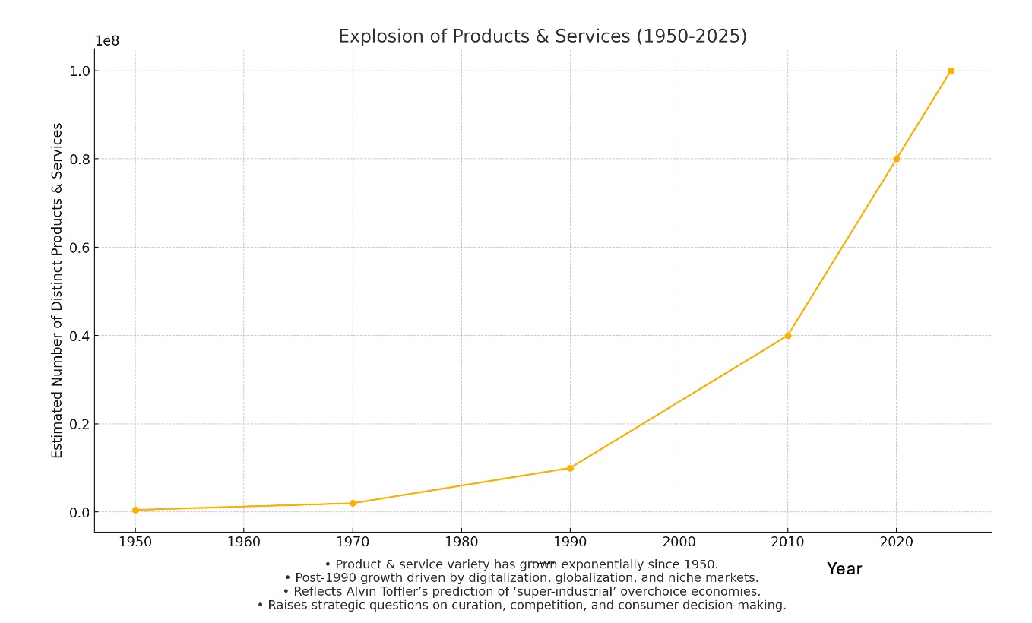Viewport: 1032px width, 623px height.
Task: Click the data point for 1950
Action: [x=135, y=510]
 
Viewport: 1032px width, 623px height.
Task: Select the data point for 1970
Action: [x=353, y=503]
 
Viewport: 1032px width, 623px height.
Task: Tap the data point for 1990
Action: [x=570, y=468]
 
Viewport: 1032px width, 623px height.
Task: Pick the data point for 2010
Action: [x=787, y=335]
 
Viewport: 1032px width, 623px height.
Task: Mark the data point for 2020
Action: [x=896, y=159]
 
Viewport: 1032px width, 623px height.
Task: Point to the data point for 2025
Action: [x=951, y=71]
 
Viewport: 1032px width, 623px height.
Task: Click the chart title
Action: [x=542, y=36]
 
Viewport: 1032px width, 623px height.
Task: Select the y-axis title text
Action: [x=58, y=290]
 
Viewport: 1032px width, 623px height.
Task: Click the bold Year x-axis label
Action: [x=844, y=568]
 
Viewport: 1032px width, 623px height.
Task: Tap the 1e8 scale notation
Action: [x=106, y=41]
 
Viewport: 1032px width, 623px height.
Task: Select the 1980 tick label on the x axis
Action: [x=461, y=542]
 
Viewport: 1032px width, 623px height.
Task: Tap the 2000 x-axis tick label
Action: [x=679, y=542]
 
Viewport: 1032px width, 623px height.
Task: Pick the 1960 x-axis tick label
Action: [x=243, y=542]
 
